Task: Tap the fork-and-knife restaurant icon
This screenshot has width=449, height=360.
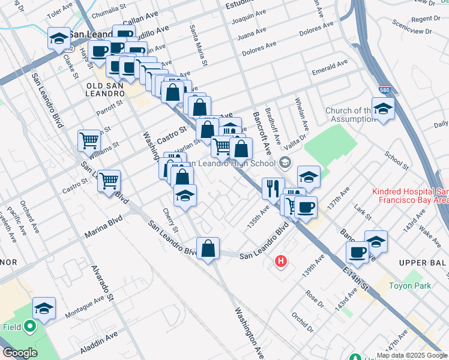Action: (273, 187)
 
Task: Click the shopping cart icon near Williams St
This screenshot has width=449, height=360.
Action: (89, 140)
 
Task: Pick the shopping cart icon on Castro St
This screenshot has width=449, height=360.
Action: (109, 180)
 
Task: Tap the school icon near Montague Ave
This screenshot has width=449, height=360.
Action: (44, 308)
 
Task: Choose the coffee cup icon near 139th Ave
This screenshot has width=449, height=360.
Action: (357, 252)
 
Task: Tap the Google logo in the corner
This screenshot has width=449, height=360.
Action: (20, 353)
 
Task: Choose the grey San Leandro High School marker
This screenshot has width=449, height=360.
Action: (285, 162)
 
